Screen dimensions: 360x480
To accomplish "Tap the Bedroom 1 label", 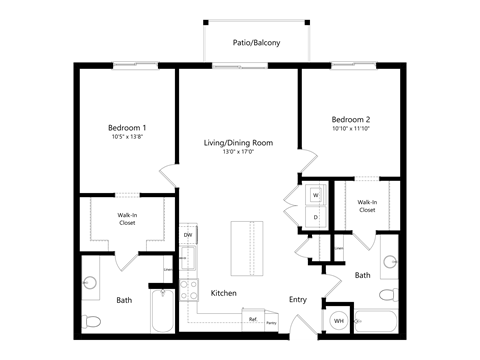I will click(x=128, y=128).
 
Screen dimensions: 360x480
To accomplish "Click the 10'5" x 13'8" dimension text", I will click(x=128, y=138).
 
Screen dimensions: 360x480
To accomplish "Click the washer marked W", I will click(x=315, y=195).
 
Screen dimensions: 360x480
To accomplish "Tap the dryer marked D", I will click(x=315, y=217).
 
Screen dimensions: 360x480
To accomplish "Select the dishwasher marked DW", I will click(x=188, y=236).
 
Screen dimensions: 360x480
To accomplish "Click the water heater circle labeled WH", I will click(x=339, y=320).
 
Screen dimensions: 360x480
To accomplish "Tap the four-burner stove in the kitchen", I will click(x=188, y=290).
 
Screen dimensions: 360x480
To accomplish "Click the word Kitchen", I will click(x=223, y=293).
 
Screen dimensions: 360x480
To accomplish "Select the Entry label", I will click(x=298, y=298).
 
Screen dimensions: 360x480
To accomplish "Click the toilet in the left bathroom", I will click(x=94, y=321).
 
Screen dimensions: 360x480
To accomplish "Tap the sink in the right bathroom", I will click(x=390, y=263).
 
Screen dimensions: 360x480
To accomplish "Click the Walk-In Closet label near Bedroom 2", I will click(x=367, y=206).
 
